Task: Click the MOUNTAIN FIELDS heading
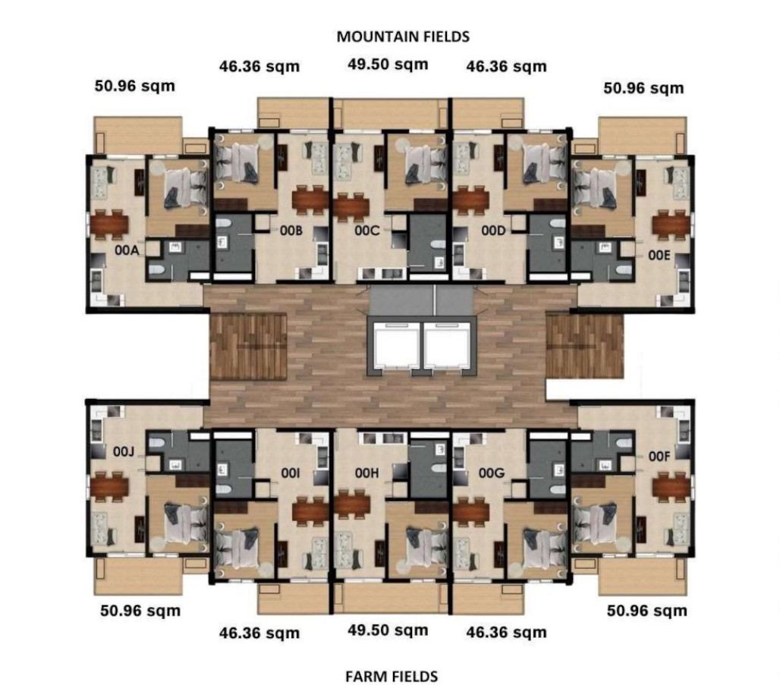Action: (x=403, y=36)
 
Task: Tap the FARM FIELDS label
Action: (x=392, y=675)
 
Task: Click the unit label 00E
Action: (x=659, y=256)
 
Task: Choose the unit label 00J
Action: (x=124, y=452)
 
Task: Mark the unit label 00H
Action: (x=366, y=473)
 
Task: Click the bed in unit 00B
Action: (x=238, y=160)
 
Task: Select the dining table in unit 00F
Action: (x=671, y=485)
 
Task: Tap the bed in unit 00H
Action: (x=420, y=542)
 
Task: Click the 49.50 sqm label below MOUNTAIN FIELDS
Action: (x=388, y=64)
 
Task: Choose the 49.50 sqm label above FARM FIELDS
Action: (x=388, y=630)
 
